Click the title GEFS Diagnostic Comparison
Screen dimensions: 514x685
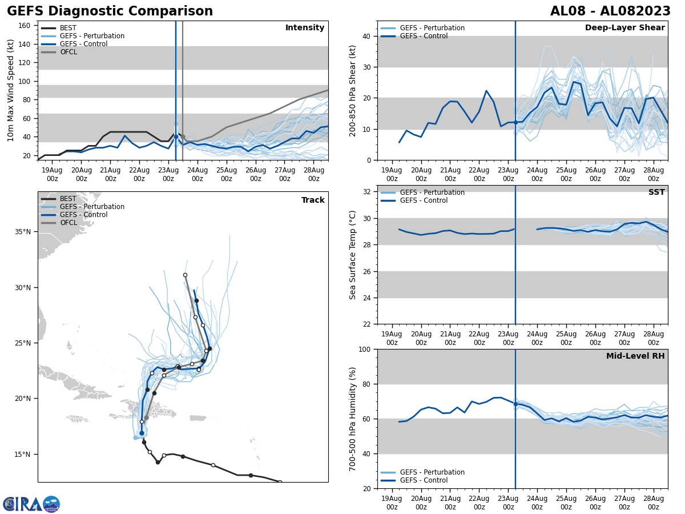[110, 11]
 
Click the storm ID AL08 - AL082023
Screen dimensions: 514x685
[610, 11]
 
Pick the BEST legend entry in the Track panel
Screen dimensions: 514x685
[68, 199]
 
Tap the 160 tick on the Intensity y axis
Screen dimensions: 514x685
[25, 26]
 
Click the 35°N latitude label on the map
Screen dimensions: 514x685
[23, 232]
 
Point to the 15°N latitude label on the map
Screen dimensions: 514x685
[23, 455]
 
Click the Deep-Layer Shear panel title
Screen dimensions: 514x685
[624, 28]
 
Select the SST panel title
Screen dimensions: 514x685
[656, 192]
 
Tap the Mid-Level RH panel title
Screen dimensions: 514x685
[635, 356]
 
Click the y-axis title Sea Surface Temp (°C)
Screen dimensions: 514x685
[353, 255]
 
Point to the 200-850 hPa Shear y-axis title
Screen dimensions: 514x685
[353, 90]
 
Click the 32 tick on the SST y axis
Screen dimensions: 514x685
[368, 192]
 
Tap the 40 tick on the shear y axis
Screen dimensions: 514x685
[368, 37]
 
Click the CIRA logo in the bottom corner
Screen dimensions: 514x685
[31, 504]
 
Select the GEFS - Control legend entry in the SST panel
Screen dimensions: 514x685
[424, 200]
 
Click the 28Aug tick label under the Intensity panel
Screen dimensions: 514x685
[313, 174]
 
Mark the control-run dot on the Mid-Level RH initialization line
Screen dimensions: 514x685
[515, 404]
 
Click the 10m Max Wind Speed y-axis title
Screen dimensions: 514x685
[11, 90]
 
